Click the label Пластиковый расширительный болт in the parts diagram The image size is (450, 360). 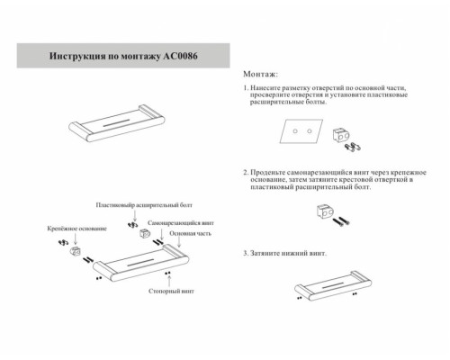click(136, 207)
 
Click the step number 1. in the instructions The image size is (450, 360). click(247, 89)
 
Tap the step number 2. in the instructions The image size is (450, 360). click(247, 169)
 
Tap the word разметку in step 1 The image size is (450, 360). click(298, 89)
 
